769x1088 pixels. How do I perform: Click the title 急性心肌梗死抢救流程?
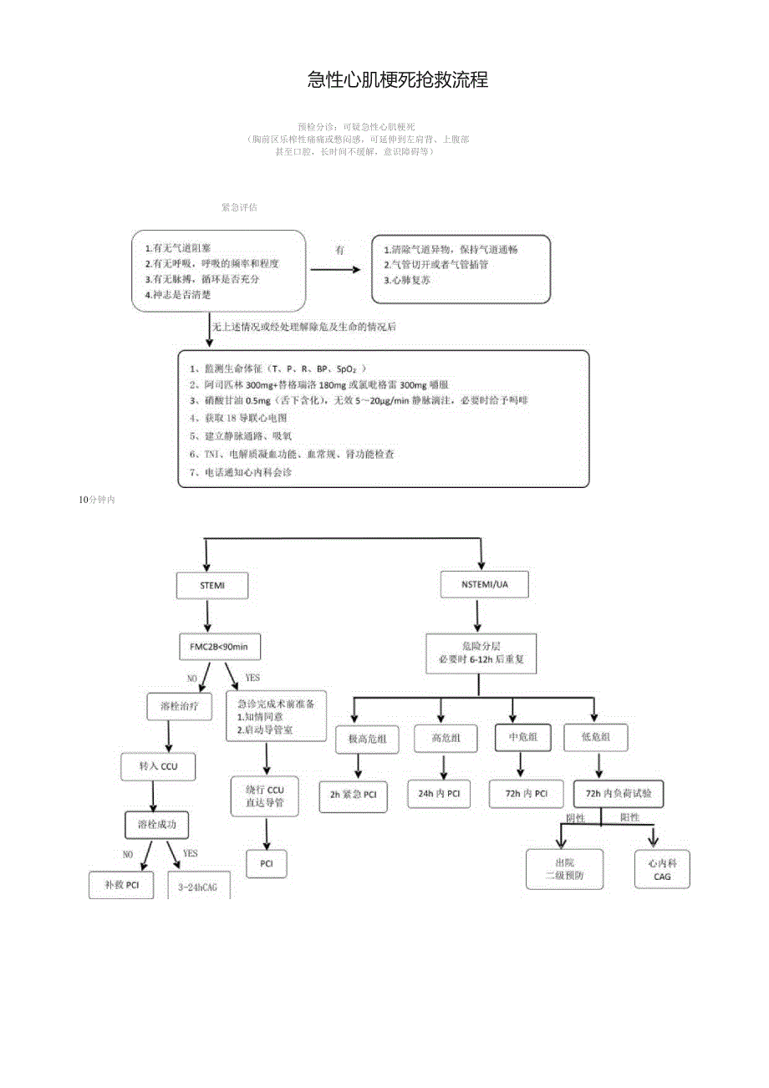click(397, 80)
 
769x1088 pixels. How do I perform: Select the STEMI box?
click(212, 586)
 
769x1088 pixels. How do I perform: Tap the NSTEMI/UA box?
click(484, 586)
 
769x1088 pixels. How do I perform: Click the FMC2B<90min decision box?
click(219, 648)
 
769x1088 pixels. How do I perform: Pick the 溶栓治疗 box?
click(180, 706)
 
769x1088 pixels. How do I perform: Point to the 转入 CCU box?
click(159, 765)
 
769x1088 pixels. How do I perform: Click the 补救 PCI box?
click(121, 885)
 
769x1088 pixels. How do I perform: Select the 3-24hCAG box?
click(199, 887)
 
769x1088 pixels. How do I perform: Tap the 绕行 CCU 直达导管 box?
click(265, 796)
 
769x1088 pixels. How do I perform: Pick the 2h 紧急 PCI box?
click(353, 796)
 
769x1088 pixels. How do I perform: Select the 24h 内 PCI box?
click(439, 794)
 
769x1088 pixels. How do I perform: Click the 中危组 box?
click(522, 737)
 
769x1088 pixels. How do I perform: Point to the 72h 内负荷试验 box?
click(619, 794)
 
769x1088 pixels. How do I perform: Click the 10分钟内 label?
click(96, 500)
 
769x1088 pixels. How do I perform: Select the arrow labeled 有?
click(335, 269)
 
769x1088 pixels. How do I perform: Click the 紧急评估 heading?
click(239, 207)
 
